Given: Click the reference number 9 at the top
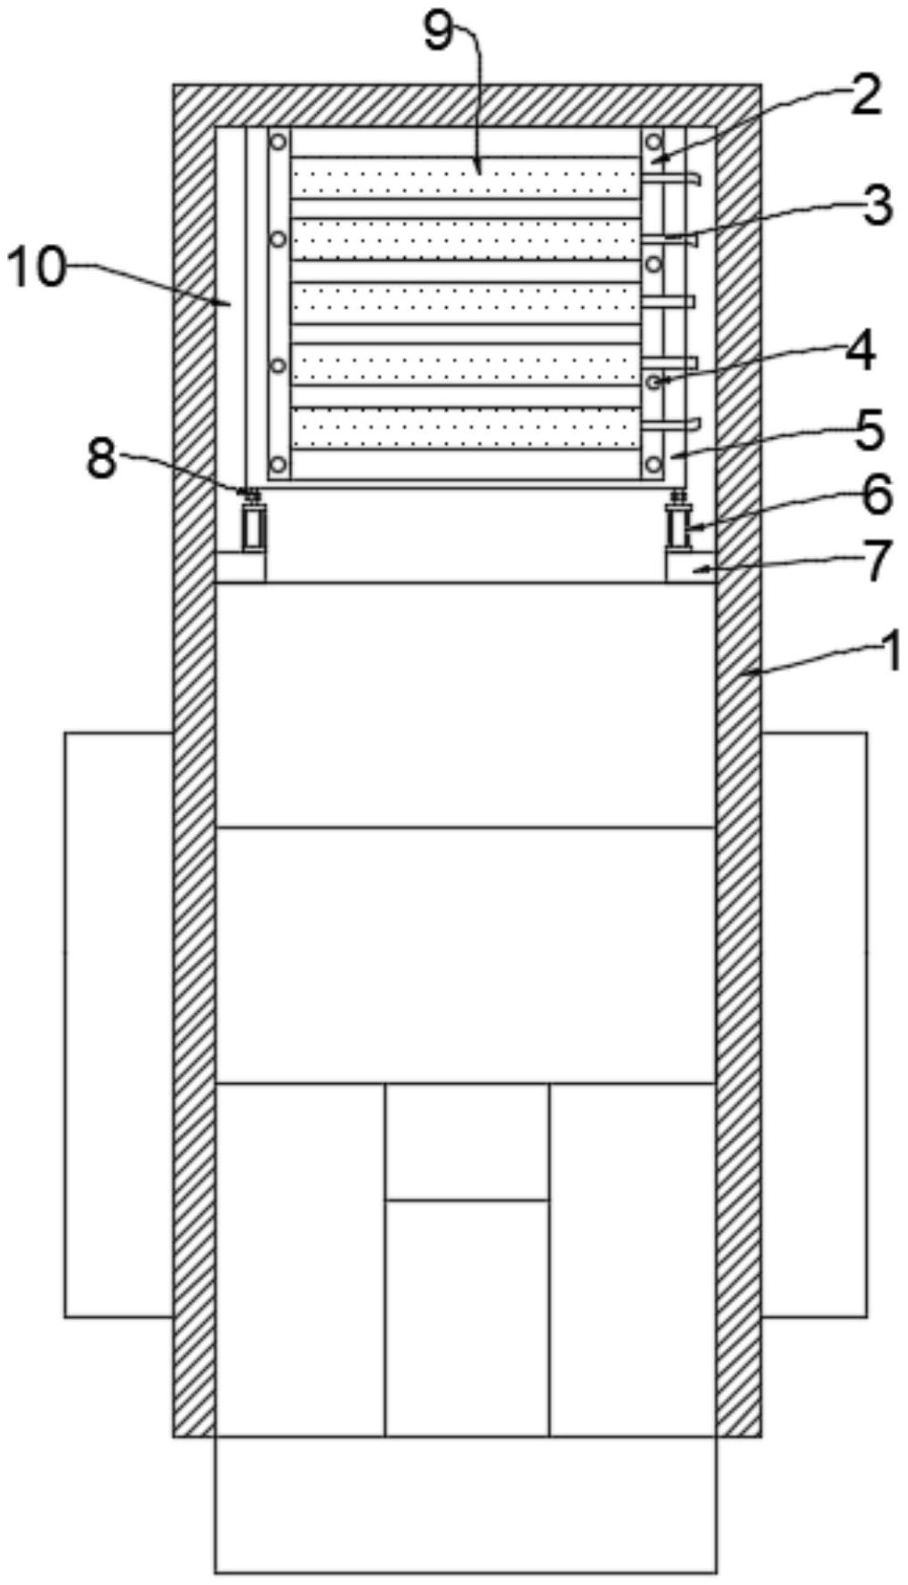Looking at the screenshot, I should coord(438,34).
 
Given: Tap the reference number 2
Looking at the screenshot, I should coord(863,96).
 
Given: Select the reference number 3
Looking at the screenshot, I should coord(875,206).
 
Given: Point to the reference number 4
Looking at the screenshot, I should coord(860,351).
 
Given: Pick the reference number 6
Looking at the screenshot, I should coord(876,495).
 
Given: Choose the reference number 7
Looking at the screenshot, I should coord(877,560).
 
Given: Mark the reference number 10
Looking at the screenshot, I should coord(36,267).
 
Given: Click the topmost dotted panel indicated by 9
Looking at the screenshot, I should coord(466,177).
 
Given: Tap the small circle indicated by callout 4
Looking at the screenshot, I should coord(654,382).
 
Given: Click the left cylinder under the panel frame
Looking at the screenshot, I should coord(253,526).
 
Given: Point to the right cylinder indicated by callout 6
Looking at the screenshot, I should coord(679,526).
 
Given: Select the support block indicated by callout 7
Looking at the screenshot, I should coord(691,568).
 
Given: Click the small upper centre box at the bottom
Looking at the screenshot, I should coord(466,1141).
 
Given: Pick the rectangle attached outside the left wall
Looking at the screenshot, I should coord(118,1024).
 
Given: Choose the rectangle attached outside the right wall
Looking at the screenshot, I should coord(814,1024).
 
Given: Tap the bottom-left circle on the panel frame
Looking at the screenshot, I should coord(279,465).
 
